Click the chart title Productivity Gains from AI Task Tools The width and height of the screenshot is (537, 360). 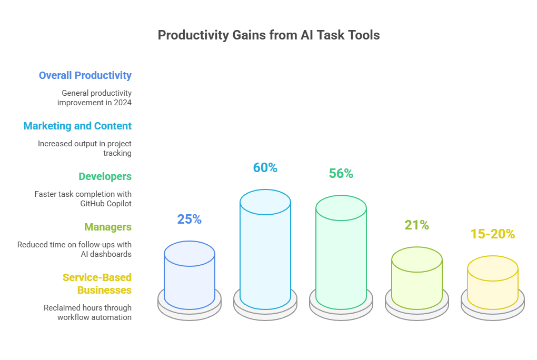[x=268, y=35]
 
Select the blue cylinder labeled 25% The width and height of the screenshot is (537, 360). [x=190, y=275]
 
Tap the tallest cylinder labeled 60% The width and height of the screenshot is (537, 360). [x=265, y=249]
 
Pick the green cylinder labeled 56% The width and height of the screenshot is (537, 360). [x=341, y=253]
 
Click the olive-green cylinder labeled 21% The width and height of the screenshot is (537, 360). [x=417, y=278]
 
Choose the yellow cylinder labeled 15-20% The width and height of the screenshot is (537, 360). [x=493, y=283]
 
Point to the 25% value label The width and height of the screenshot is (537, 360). [x=190, y=219]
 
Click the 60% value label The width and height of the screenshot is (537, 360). [x=265, y=167]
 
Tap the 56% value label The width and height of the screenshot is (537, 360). [x=341, y=173]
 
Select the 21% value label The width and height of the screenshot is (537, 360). [x=417, y=225]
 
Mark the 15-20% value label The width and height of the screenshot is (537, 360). [x=493, y=234]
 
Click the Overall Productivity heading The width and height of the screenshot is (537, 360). [x=85, y=75]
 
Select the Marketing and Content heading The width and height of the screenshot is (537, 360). [x=77, y=126]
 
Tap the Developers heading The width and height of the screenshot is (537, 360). [x=105, y=176]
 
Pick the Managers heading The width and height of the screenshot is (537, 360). [x=108, y=227]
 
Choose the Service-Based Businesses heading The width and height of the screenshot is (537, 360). [x=97, y=284]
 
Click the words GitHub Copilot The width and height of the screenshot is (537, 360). [x=106, y=204]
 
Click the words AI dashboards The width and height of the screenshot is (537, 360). [x=106, y=254]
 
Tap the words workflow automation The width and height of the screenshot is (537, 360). [x=95, y=317]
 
